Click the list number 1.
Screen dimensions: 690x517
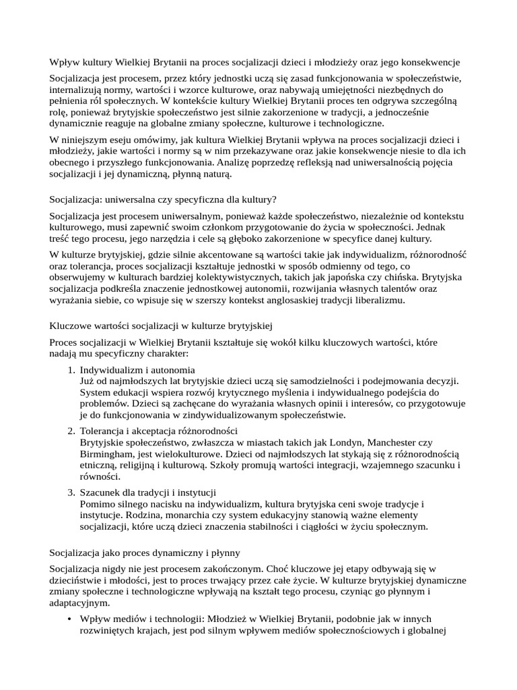(x=71, y=370)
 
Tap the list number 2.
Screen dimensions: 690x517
(x=71, y=430)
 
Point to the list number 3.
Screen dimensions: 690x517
(x=71, y=493)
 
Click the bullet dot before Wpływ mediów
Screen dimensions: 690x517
(x=71, y=619)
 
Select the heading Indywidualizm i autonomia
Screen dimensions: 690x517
(x=137, y=370)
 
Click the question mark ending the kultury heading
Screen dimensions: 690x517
(x=274, y=199)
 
